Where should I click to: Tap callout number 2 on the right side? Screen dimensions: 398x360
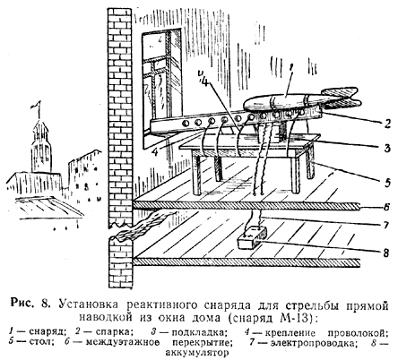pyautogui.click(x=387, y=123)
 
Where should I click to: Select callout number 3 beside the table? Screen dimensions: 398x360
pyautogui.click(x=387, y=148)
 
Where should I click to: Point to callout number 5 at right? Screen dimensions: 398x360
pyautogui.click(x=387, y=182)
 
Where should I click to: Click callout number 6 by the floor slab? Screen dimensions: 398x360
pyautogui.click(x=386, y=207)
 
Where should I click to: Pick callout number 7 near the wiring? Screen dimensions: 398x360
pyautogui.click(x=387, y=225)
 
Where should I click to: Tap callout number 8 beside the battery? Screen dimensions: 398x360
pyautogui.click(x=386, y=253)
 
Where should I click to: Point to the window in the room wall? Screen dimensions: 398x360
pyautogui.click(x=161, y=83)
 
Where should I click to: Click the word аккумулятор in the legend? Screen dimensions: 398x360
pyautogui.click(x=197, y=353)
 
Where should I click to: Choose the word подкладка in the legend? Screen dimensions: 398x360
pyautogui.click(x=197, y=331)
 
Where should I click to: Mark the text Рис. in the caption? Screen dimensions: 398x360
pyautogui.click(x=22, y=304)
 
